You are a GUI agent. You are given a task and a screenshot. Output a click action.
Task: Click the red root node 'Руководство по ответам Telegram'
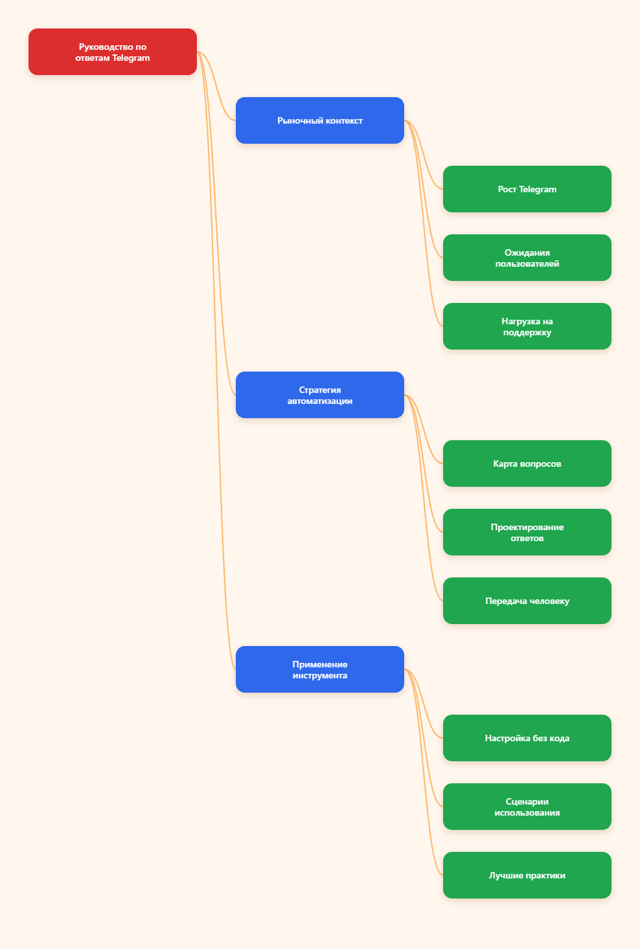112,52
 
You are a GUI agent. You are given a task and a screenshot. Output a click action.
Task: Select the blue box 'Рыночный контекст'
319,120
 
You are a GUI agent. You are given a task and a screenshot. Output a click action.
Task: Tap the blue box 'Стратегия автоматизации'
319,395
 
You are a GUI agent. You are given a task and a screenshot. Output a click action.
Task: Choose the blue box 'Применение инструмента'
319,669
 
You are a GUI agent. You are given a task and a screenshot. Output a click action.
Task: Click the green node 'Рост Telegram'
527,189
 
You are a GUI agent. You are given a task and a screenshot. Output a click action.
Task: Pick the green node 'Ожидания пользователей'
527,258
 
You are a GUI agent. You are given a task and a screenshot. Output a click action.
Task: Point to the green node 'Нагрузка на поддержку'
527,326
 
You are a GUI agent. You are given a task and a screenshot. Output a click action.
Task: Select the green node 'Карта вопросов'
527,463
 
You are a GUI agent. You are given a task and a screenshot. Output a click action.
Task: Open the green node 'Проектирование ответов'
527,532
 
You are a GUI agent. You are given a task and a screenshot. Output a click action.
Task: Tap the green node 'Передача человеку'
527,601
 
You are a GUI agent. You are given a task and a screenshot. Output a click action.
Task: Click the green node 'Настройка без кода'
527,738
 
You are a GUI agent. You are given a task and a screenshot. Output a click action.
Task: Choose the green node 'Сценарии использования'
527,807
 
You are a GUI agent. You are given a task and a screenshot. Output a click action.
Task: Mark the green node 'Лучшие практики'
527,875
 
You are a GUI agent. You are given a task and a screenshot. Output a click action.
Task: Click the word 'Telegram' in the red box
131,58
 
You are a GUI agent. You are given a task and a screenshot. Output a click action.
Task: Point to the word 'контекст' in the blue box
344,121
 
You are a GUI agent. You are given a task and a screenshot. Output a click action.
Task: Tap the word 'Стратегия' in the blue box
319,390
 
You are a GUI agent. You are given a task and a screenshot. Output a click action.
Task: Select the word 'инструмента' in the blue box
319,675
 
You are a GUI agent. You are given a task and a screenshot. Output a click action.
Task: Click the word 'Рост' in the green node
507,190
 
